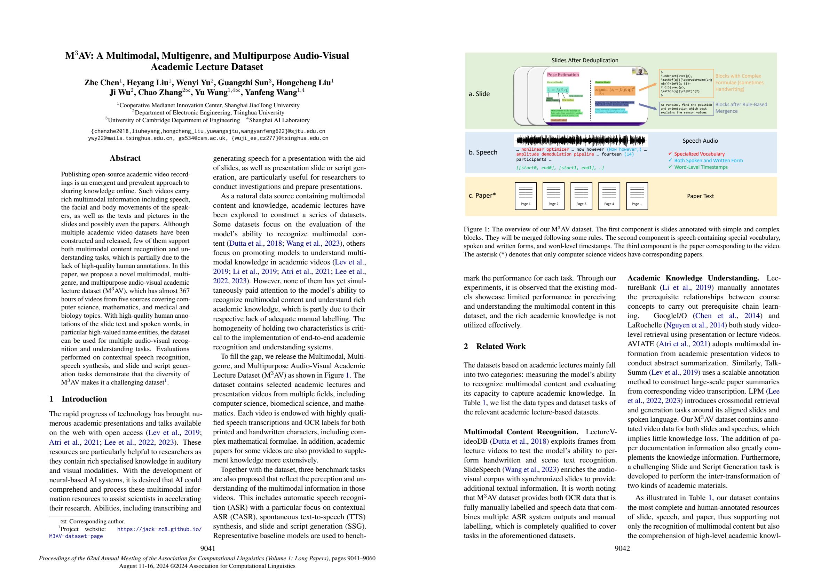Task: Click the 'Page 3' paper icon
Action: tap(581, 196)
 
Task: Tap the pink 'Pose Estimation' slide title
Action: tap(563, 75)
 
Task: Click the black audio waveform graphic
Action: tap(581, 141)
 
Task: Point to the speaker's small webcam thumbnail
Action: tap(639, 71)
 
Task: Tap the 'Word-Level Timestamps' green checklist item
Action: tap(701, 167)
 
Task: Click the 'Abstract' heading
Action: tap(125, 158)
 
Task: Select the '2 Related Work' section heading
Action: tap(494, 346)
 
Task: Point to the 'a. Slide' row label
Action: tap(479, 94)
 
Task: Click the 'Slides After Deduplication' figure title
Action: tap(585, 60)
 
